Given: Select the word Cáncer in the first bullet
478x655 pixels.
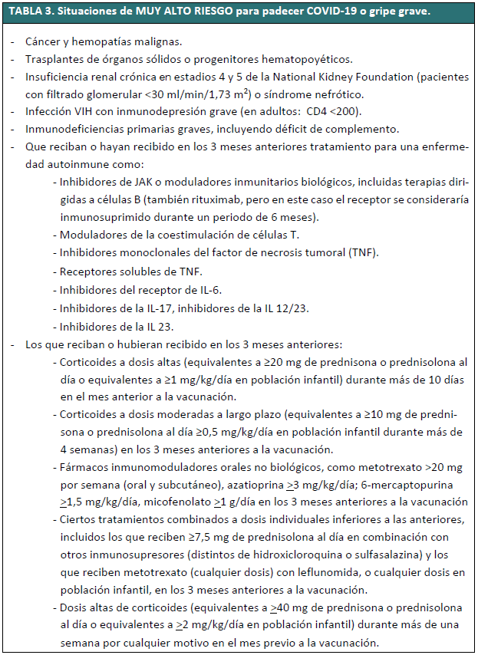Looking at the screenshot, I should tap(44, 41).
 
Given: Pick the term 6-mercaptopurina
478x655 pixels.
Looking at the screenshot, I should tap(421, 485).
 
